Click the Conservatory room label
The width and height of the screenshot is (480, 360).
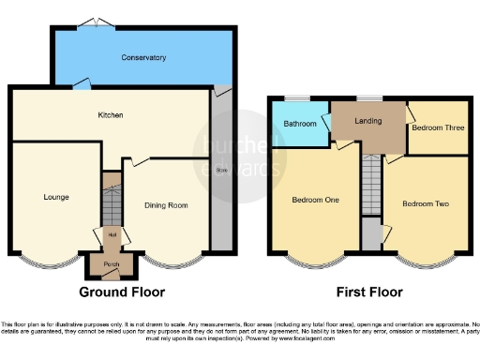pos(143,58)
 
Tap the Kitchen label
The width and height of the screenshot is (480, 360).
pos(112,115)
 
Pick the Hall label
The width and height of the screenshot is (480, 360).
pos(112,234)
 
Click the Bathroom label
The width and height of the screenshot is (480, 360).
pos(300,123)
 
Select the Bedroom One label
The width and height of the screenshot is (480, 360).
pos(315,201)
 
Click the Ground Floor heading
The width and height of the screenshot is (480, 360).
pos(115,292)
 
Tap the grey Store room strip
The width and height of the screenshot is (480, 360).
pos(221,169)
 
